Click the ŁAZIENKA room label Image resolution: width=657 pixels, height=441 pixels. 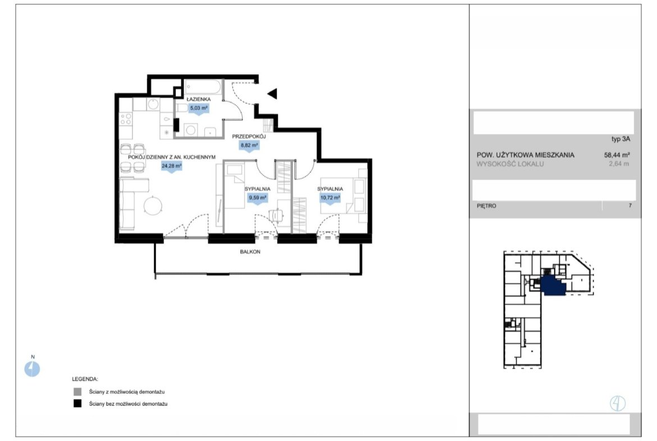pyautogui.click(x=199, y=99)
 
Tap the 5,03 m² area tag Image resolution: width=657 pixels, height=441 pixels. pyautogui.click(x=199, y=108)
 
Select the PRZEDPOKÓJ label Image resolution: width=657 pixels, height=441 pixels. pyautogui.click(x=249, y=137)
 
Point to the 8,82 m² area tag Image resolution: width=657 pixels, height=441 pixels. pyautogui.click(x=249, y=146)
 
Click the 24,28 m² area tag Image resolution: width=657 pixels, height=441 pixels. pyautogui.click(x=171, y=166)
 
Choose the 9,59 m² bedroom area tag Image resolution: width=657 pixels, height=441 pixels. pyautogui.click(x=257, y=198)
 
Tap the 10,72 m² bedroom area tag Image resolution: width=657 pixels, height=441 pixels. pyautogui.click(x=330, y=198)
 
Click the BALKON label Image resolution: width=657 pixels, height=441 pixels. pyautogui.click(x=250, y=252)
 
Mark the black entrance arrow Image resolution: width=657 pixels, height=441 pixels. pyautogui.click(x=272, y=93)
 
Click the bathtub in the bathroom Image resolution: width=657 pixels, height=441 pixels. pyautogui.click(x=203, y=87)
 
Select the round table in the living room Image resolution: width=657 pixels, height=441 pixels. pyautogui.click(x=153, y=206)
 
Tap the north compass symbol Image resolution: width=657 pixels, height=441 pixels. pyautogui.click(x=32, y=369)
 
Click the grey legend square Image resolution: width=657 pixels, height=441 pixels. pyautogui.click(x=77, y=392)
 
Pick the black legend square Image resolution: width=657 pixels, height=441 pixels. pyautogui.click(x=77, y=404)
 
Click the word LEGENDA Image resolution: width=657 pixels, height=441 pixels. pyautogui.click(x=85, y=379)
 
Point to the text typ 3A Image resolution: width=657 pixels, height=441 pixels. pyautogui.click(x=620, y=139)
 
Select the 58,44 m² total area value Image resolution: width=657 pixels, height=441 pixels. pyautogui.click(x=617, y=154)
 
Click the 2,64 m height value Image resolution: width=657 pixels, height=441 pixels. pyautogui.click(x=619, y=164)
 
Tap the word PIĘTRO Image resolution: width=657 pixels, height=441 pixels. pyautogui.click(x=486, y=206)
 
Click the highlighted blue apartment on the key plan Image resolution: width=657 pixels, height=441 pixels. pyautogui.click(x=553, y=286)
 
